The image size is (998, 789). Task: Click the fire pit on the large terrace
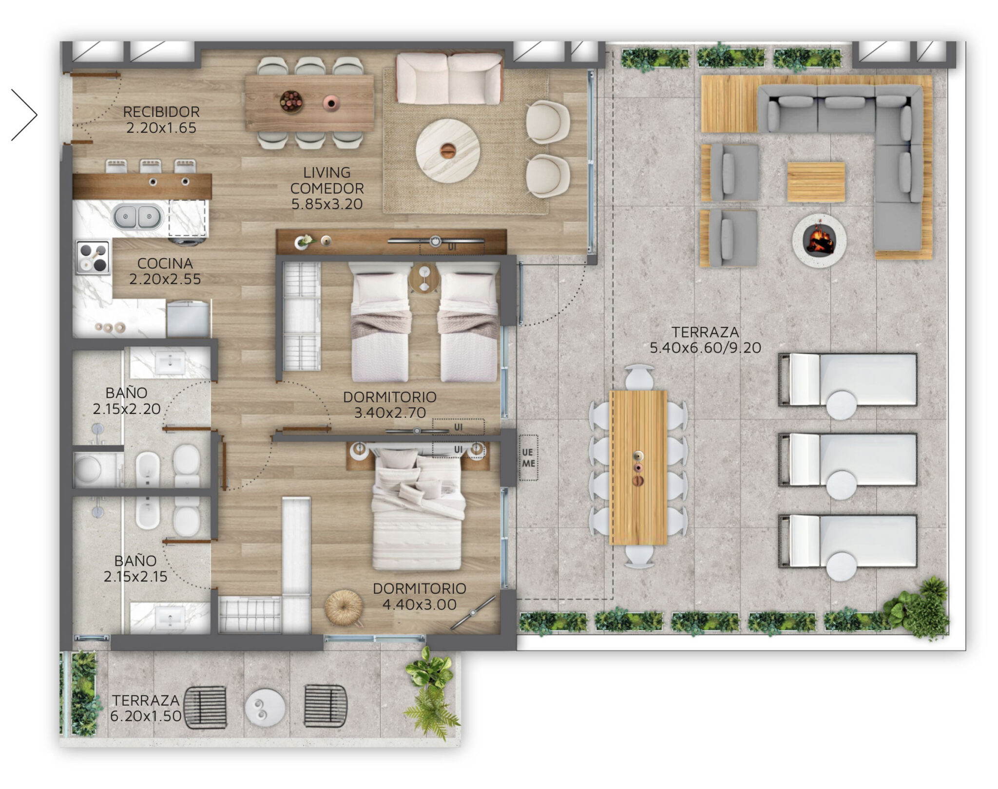coord(819,240)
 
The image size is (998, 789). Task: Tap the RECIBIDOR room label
coord(161,112)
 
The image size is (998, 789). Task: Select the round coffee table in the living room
coord(447,151)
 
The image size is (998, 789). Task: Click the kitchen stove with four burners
coord(93,257)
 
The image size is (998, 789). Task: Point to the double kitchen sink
coord(138,217)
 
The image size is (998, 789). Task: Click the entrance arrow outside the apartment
coord(24,115)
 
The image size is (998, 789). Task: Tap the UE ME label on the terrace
coord(528,458)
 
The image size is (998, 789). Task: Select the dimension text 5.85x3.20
coord(327,204)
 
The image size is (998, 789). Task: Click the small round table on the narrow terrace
coord(265,707)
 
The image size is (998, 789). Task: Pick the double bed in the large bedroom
coord(417,509)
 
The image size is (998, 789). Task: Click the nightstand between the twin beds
coord(424,278)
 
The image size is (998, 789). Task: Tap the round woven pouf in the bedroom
coord(344,607)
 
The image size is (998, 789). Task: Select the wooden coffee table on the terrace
coord(816,182)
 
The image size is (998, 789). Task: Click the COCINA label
coord(165,263)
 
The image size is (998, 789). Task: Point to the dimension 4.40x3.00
coord(419,604)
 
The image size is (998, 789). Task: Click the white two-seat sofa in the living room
coord(449,78)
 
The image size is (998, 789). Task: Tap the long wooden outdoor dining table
coord(638,468)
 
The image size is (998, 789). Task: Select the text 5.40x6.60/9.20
coord(705,348)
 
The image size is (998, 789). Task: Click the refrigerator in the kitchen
coord(188,319)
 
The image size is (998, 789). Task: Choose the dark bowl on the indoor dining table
coord(291,102)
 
